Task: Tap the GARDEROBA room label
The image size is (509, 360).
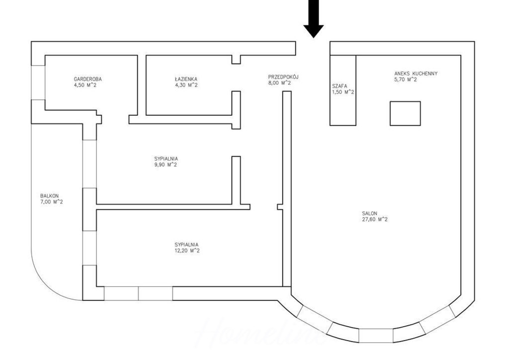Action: (x=87, y=79)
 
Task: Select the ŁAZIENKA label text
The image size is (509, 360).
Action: (x=186, y=79)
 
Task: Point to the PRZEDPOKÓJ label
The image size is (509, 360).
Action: (x=283, y=77)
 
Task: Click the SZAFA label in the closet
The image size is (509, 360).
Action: (x=339, y=86)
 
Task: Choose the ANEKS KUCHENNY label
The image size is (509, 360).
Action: (x=416, y=74)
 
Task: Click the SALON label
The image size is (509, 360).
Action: (x=370, y=213)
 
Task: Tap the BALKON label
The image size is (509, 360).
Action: (x=49, y=196)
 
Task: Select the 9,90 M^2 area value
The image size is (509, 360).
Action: (x=166, y=165)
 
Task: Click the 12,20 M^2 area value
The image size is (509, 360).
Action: (x=187, y=251)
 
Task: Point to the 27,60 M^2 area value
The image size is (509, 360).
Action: (x=375, y=219)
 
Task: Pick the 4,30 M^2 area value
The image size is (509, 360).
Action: (x=186, y=85)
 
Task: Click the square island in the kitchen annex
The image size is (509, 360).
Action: (x=405, y=113)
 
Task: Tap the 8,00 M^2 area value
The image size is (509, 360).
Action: (x=279, y=83)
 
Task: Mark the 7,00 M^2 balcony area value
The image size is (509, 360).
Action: (x=52, y=202)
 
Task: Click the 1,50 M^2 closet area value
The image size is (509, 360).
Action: (x=343, y=92)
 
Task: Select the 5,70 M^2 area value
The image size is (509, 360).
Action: (x=406, y=80)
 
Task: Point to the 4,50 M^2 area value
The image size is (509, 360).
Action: (x=85, y=85)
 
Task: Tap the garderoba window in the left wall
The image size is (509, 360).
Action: (x=38, y=83)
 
